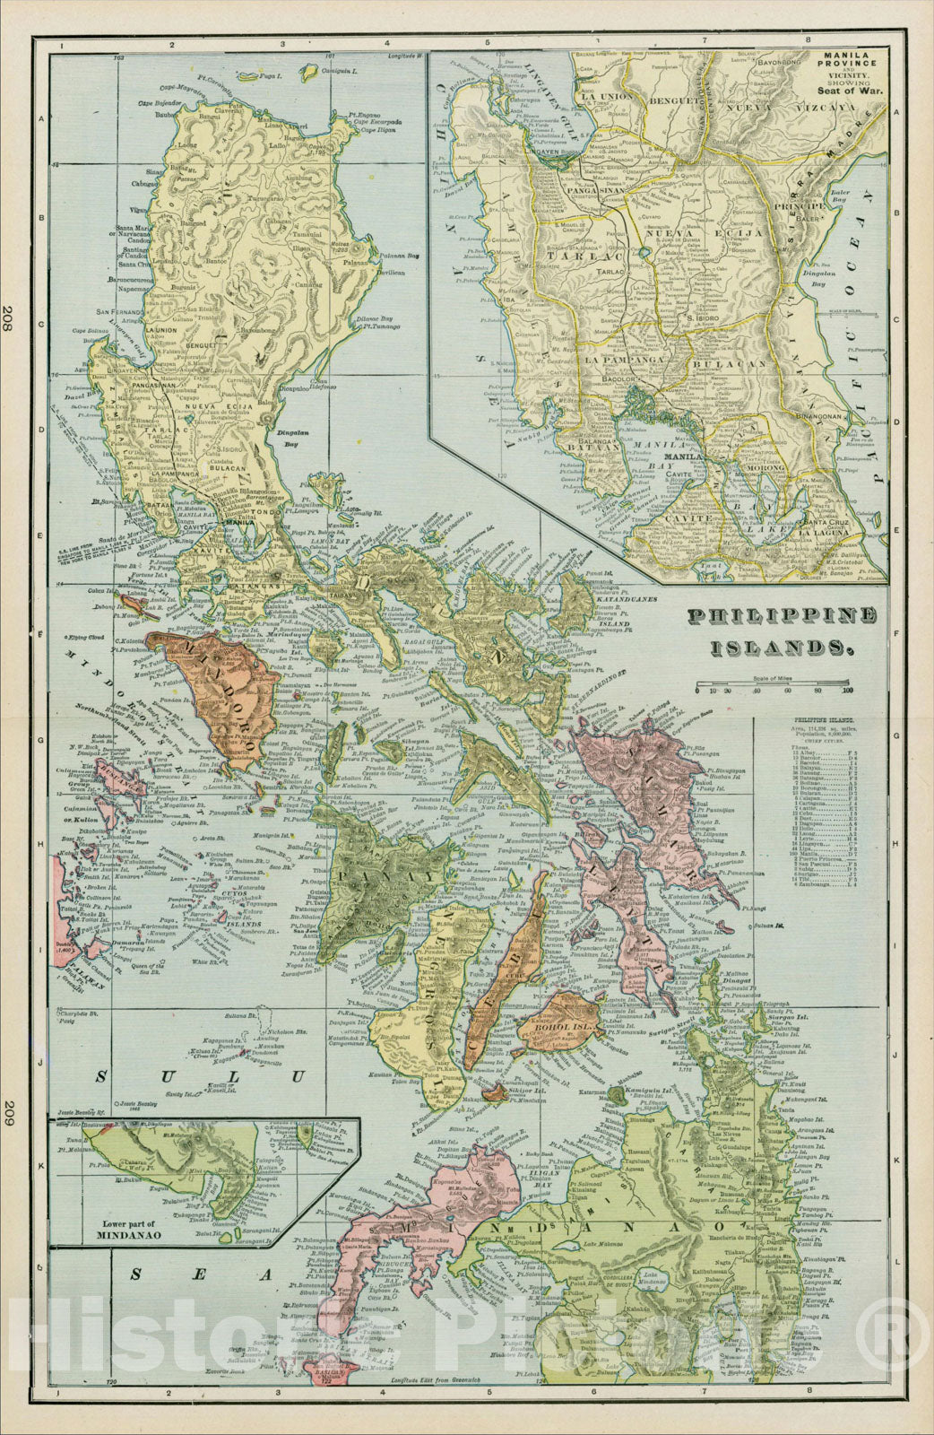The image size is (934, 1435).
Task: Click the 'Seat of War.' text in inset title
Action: pyautogui.click(x=850, y=91)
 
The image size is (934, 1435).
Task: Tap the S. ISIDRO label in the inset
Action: pyautogui.click(x=704, y=317)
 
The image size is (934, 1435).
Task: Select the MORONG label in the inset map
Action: pyautogui.click(x=772, y=467)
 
